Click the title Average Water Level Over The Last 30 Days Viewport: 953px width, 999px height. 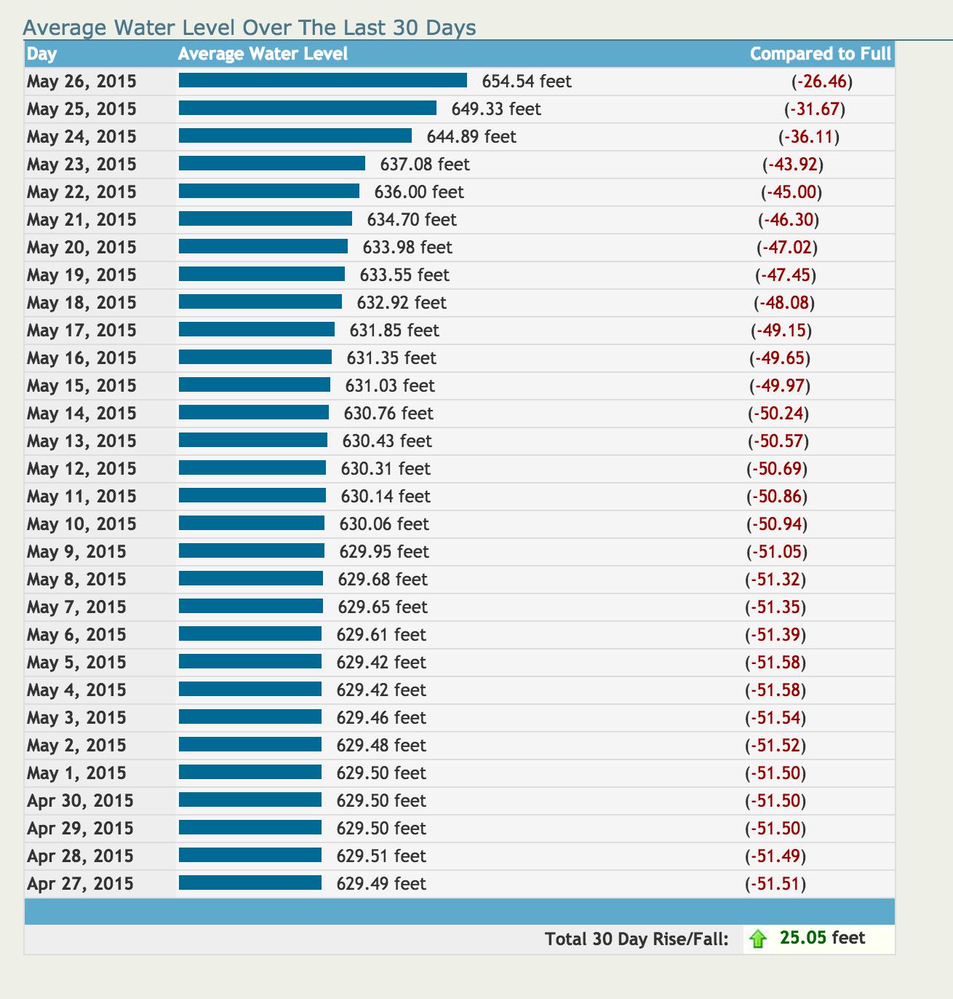tap(250, 28)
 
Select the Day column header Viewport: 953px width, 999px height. tap(41, 54)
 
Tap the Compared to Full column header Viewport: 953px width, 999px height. tap(820, 54)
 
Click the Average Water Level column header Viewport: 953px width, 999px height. tap(263, 54)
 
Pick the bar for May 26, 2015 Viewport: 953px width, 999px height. tap(322, 81)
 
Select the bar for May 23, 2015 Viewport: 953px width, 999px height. tap(271, 164)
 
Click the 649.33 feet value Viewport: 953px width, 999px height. tap(495, 109)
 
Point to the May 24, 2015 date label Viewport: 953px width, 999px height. tap(81, 137)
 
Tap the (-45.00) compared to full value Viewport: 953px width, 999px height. tap(791, 192)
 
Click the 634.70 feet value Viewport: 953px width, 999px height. tap(411, 220)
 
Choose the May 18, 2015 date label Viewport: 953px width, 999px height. tap(81, 303)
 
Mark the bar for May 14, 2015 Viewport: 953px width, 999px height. tap(253, 413)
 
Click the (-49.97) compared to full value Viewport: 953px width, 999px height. tap(780, 386)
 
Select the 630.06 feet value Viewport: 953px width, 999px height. tap(383, 524)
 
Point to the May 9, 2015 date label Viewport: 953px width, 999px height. tap(76, 552)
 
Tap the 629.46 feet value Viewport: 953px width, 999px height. tap(380, 718)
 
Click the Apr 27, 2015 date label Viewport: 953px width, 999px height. tap(80, 884)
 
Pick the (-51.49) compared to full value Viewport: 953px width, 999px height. tap(775, 856)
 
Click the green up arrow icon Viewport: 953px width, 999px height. tap(758, 939)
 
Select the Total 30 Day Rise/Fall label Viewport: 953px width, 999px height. tap(637, 939)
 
